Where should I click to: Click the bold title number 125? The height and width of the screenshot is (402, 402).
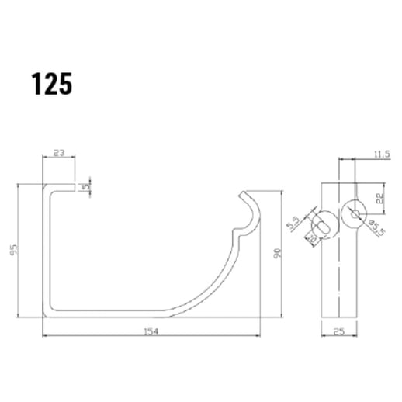(x=52, y=84)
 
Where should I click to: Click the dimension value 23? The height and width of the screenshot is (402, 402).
(x=59, y=154)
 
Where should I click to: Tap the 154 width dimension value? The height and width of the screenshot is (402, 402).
(x=152, y=331)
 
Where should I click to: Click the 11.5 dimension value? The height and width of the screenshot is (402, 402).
(x=379, y=154)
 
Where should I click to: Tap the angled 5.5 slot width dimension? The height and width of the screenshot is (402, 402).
(x=293, y=224)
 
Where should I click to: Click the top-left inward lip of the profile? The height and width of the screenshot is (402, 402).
(x=62, y=188)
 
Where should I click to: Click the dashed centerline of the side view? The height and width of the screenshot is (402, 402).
(x=339, y=279)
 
